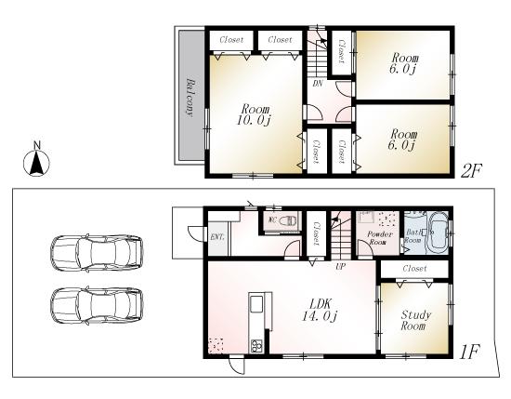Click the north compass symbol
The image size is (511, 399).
(36, 162)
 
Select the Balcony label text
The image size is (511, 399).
(189, 96)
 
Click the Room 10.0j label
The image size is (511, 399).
(255, 113)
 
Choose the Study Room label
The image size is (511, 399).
(413, 321)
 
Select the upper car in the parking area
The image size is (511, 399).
(98, 252)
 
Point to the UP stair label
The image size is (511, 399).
(341, 266)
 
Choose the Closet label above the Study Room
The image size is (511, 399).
(415, 268)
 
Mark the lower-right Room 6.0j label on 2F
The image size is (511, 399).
(402, 139)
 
